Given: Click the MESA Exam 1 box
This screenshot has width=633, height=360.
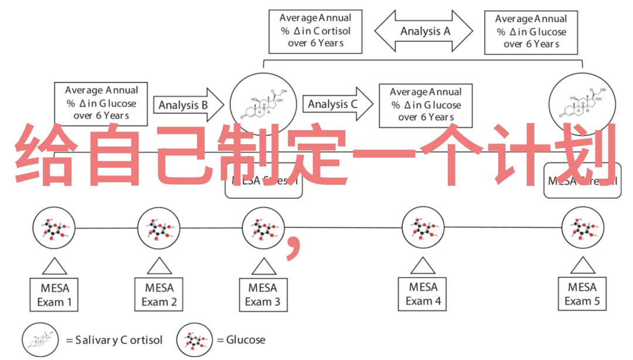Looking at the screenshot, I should [55, 295].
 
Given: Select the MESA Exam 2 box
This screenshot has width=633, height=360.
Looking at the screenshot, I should [159, 295].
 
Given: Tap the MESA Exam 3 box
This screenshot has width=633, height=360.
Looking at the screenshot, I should [263, 295].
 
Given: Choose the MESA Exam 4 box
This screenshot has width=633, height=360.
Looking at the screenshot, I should [423, 294].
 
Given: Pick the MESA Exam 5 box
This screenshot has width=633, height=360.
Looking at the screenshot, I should [584, 294].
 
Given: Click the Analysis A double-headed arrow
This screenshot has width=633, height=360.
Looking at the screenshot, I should [424, 31].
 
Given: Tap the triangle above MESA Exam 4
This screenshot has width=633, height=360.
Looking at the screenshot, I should [423, 266].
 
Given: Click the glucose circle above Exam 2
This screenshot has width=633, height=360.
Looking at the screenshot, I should [158, 227].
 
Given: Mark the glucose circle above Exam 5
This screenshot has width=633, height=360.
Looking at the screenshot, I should [583, 227].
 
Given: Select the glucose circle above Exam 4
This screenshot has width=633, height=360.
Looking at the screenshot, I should [423, 227].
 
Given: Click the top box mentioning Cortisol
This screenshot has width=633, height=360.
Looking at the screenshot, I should [316, 31].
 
